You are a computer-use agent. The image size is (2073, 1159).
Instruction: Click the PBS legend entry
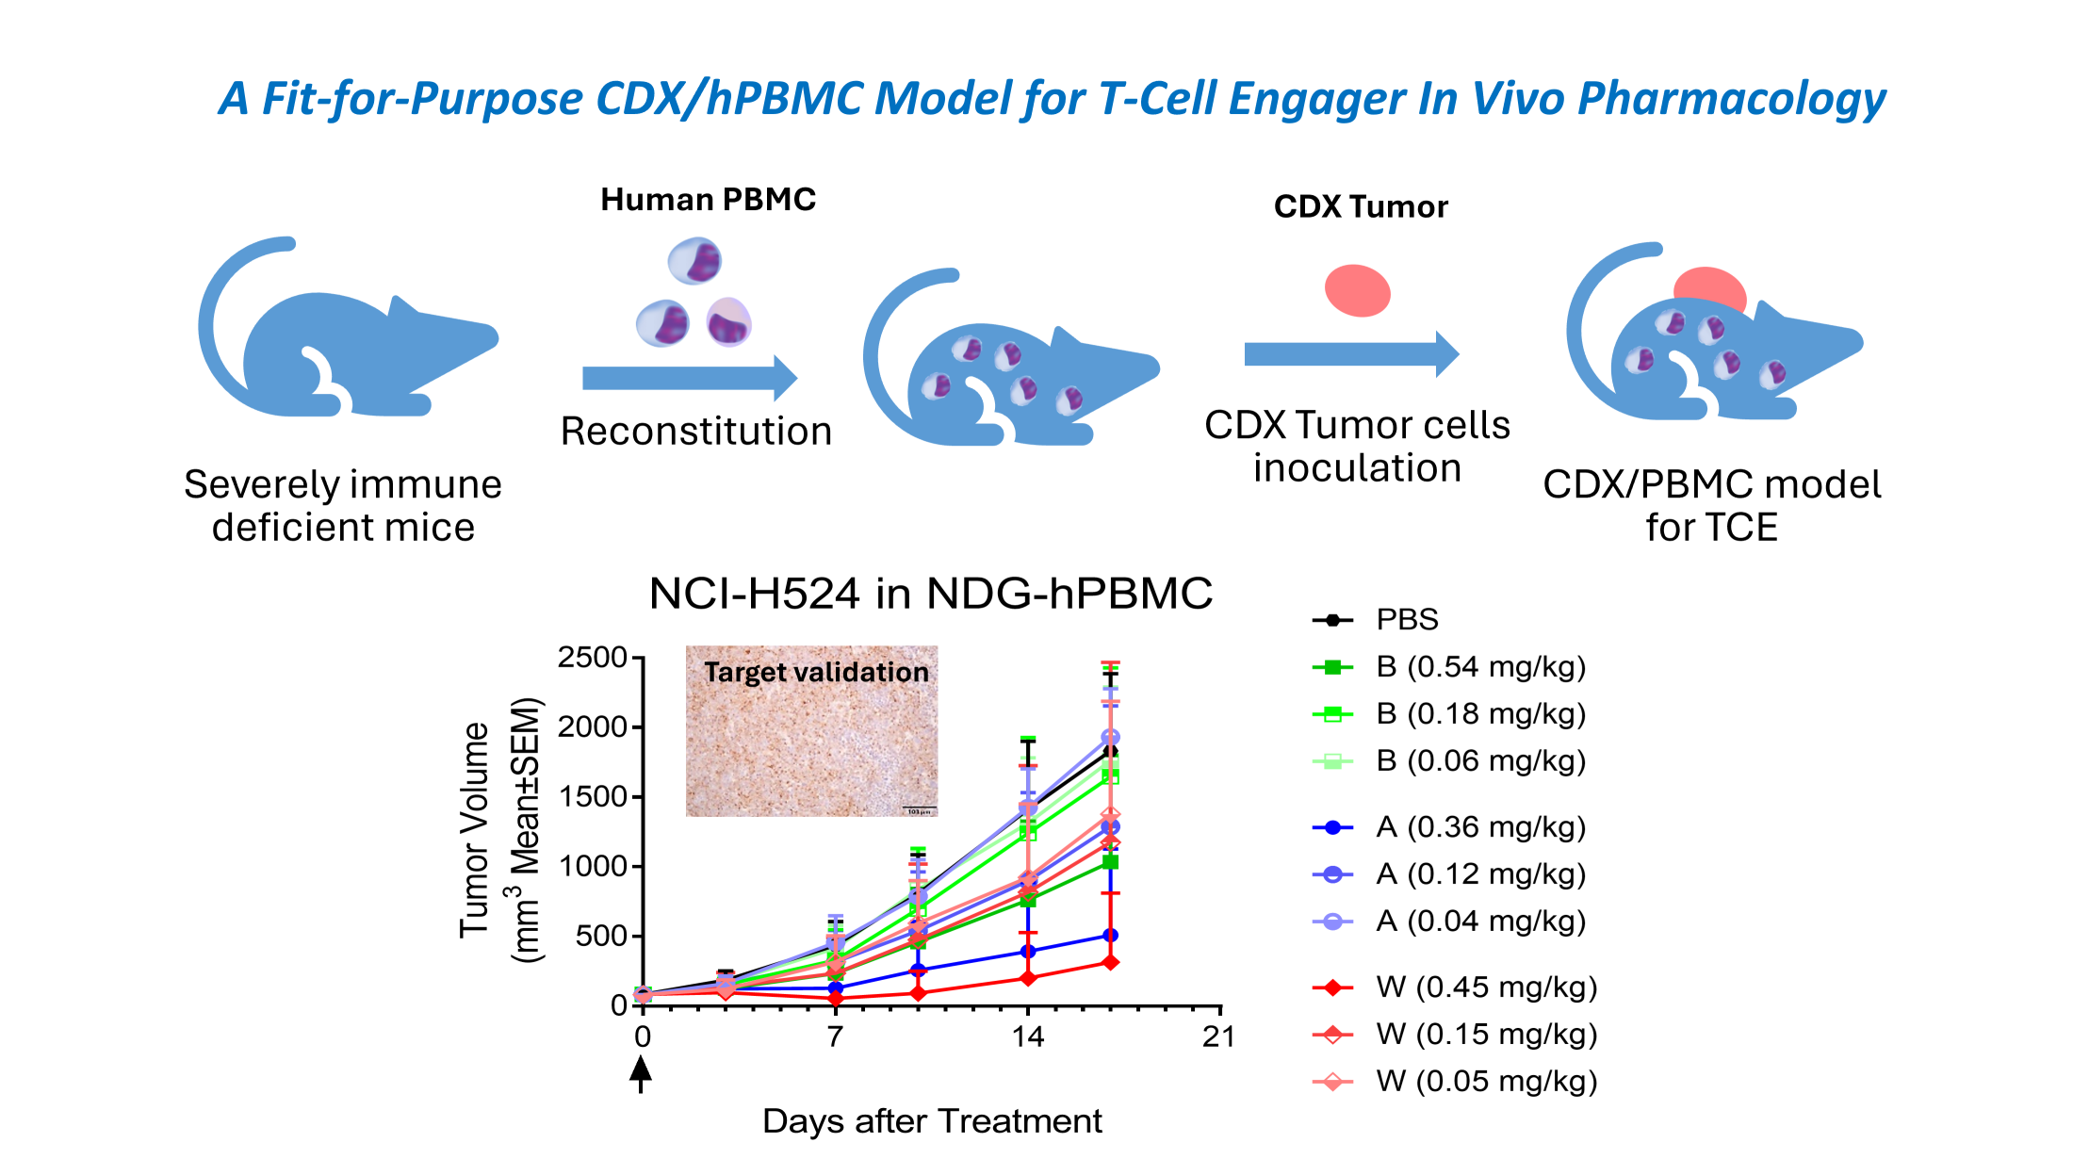coord(1406,620)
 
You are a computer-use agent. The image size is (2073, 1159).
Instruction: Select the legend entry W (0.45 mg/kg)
coord(1486,988)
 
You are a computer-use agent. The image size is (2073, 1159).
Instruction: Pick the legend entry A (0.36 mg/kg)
coord(1480,827)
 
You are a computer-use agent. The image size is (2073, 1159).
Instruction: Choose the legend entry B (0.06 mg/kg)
coord(1480,761)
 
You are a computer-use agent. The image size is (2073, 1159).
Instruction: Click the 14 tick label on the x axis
coord(1027,1037)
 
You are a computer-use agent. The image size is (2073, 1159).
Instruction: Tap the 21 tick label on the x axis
coord(1218,1037)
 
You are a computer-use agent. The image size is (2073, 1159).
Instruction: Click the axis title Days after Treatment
coord(931,1121)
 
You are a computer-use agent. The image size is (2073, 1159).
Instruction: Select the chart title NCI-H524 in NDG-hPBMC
coord(931,594)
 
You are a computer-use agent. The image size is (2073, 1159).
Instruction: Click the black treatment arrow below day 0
coord(641,1073)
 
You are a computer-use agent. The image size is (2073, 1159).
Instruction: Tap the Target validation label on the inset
coord(816,672)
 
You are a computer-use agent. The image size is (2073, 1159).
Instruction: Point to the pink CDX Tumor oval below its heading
coord(1357,290)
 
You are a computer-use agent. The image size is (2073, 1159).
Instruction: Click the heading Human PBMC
coord(708,200)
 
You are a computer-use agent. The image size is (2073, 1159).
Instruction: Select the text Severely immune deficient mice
coord(343,505)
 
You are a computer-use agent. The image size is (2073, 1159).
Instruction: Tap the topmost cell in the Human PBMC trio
coord(694,261)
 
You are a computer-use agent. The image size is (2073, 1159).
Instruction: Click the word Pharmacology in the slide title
coord(1731,99)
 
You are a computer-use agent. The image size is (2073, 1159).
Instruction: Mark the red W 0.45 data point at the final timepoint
coord(1110,962)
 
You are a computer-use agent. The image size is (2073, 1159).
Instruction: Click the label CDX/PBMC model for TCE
coord(1711,505)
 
